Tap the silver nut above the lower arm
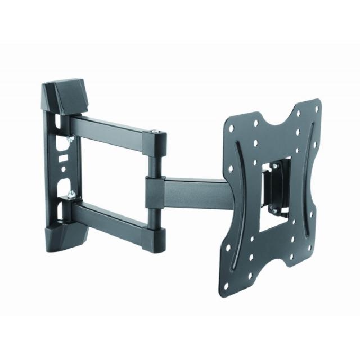pyautogui.click(x=71, y=195)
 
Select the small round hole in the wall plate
pyautogui.click(x=63, y=168)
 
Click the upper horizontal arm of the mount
pyautogui.click(x=112, y=130)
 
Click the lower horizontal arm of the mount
pyautogui.click(x=112, y=217)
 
